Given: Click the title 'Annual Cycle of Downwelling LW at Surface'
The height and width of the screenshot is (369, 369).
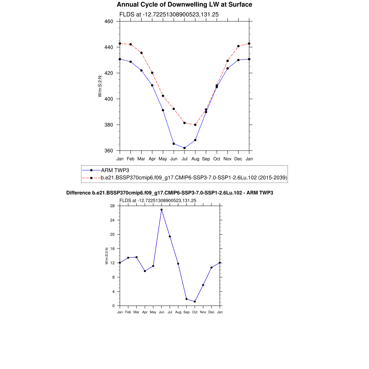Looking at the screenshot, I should point(184,5).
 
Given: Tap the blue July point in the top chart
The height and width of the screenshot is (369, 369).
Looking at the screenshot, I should point(184,148).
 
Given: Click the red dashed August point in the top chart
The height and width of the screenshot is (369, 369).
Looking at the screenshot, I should point(195,125).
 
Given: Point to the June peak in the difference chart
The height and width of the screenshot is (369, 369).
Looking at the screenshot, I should point(161,210).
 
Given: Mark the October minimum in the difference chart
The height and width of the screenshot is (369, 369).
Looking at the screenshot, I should point(195,302).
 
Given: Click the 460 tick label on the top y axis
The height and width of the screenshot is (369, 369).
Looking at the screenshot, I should point(109,21).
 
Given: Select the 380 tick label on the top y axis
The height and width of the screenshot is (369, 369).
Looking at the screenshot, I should point(109,125).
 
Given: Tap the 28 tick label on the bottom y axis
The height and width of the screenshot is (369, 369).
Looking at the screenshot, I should point(112,206).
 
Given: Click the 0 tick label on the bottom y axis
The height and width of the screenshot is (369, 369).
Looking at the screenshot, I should point(114,306).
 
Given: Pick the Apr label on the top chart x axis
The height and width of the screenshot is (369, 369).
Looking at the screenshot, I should point(152,159).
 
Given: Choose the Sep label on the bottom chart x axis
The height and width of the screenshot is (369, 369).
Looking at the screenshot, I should point(186,312).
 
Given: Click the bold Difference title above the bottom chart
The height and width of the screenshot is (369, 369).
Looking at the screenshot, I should point(170,193).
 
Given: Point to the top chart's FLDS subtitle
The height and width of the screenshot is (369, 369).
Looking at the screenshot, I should point(169,14).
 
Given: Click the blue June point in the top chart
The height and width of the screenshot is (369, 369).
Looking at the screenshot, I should point(174,144).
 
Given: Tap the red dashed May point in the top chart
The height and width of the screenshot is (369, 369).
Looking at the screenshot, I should point(163,96).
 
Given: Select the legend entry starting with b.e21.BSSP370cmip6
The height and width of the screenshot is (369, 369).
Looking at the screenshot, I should point(194,178).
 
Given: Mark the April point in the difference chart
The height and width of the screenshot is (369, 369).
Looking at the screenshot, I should point(145,271).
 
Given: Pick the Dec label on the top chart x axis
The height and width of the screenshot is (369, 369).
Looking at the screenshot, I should point(238,159).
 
